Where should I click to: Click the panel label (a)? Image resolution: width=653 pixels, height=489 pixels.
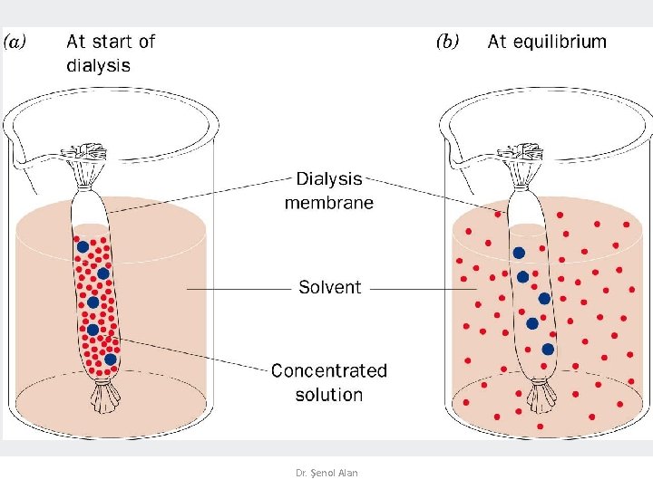click(x=17, y=43)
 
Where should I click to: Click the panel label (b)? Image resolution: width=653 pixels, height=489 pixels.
click(x=448, y=42)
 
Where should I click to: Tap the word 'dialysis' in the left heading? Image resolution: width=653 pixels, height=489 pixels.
click(x=98, y=65)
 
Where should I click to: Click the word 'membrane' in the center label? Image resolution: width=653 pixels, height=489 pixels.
click(x=328, y=203)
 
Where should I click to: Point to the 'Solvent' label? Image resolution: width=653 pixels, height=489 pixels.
click(x=329, y=287)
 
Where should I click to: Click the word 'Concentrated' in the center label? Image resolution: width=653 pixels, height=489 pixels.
click(x=328, y=370)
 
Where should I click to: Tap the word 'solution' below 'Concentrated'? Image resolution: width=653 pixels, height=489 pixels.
click(x=328, y=395)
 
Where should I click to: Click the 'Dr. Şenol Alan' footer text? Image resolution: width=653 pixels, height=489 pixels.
click(x=326, y=473)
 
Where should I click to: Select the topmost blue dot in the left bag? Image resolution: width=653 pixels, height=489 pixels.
click(x=83, y=246)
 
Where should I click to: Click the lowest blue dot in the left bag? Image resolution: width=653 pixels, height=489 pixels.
click(x=110, y=359)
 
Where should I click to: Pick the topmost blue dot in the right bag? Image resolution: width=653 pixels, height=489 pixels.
click(x=519, y=254)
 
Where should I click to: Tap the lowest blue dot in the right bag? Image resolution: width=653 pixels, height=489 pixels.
click(x=548, y=349)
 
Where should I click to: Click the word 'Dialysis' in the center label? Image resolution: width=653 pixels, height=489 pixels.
click(x=328, y=179)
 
